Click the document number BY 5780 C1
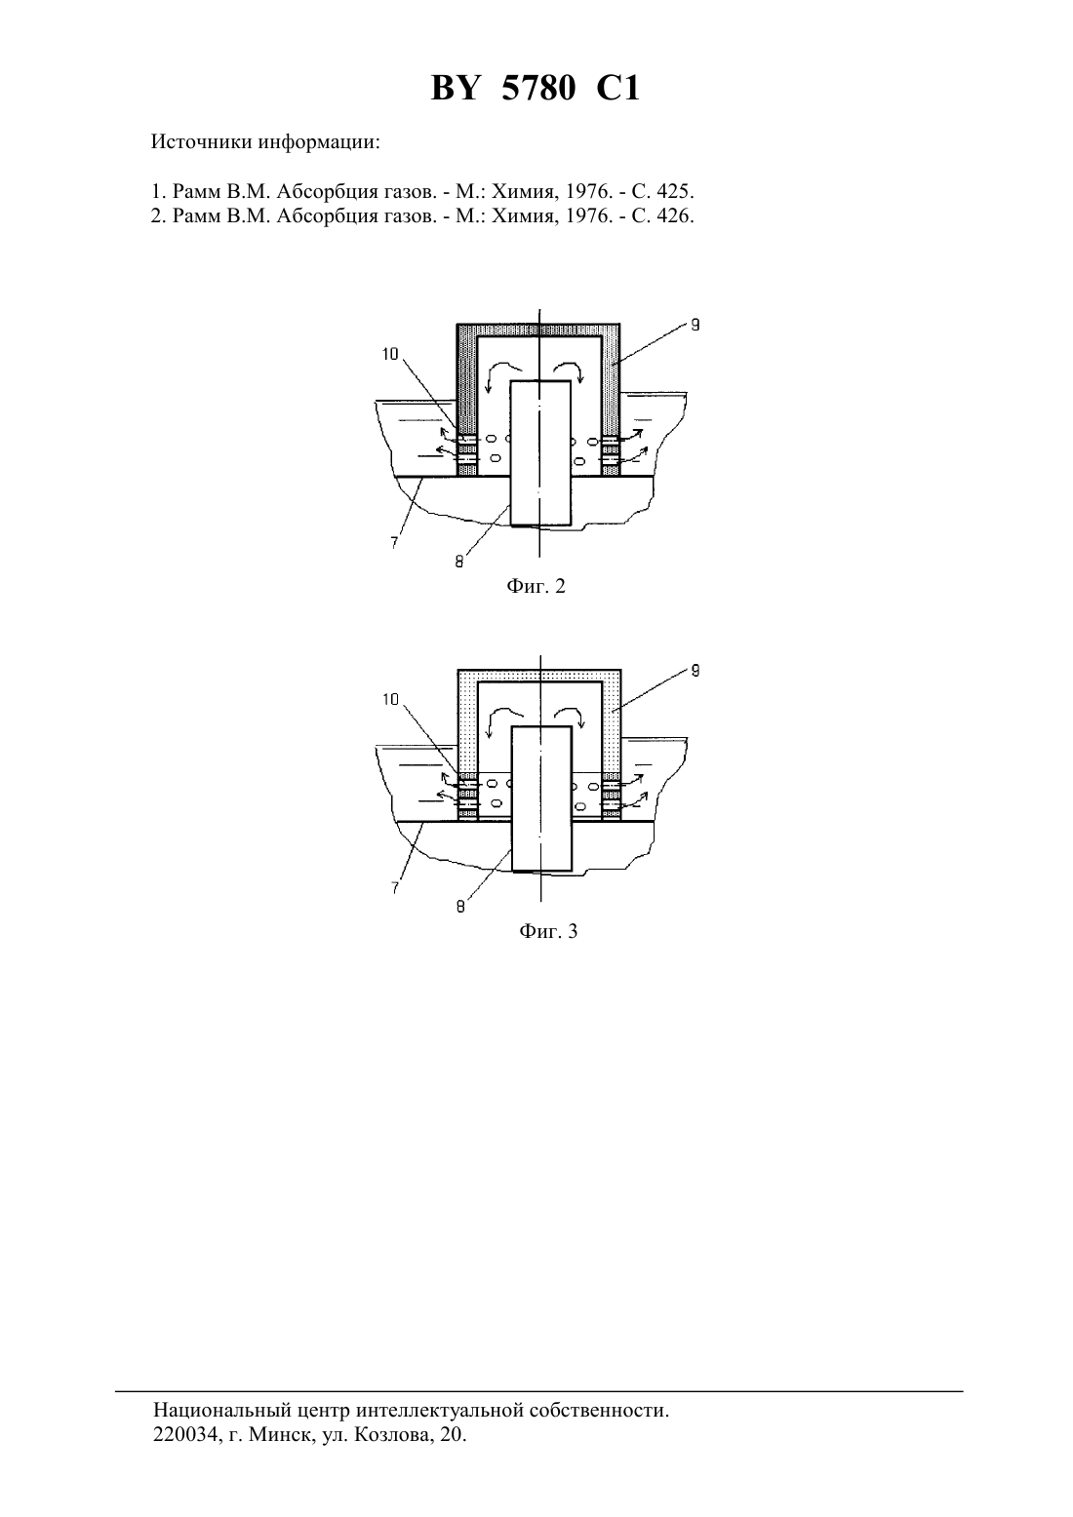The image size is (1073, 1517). tap(536, 89)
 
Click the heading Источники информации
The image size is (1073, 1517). tap(265, 142)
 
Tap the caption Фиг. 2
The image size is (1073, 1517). tap(536, 586)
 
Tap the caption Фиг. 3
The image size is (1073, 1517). tap(548, 931)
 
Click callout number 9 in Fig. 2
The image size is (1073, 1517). tap(695, 325)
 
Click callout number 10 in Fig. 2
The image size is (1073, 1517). tap(390, 354)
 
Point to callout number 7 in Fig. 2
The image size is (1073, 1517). tap(394, 542)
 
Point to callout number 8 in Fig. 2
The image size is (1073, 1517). tap(459, 563)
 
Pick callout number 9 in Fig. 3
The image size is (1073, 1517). tap(695, 671)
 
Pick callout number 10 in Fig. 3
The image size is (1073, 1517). tap(391, 700)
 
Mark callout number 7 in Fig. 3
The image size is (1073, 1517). tap(395, 888)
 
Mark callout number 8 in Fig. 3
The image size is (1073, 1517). tap(460, 907)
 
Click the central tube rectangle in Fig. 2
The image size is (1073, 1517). tap(539, 453)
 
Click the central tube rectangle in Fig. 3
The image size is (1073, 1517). tap(541, 798)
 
